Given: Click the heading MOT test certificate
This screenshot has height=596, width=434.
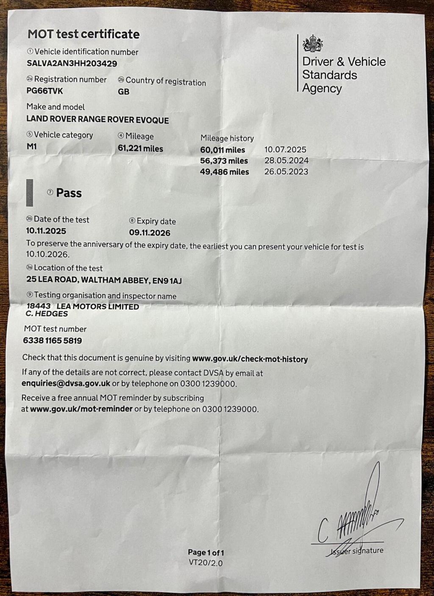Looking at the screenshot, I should point(83,34).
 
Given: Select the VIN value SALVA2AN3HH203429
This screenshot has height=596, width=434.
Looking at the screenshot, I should point(72,63).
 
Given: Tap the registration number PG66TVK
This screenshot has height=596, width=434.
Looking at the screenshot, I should point(45,91).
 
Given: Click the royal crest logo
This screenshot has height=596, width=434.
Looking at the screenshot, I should point(312,44).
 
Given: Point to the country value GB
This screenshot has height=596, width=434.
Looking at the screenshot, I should point(123,91).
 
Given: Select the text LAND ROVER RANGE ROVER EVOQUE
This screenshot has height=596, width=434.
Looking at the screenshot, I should point(97,120).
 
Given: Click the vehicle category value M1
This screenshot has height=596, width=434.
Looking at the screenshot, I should point(31,146).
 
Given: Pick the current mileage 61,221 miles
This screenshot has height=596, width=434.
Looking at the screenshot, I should point(140,149).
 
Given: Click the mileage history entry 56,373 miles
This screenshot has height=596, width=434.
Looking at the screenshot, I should point(224,161).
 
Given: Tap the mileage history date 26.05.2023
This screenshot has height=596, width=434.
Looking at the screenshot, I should point(286,172).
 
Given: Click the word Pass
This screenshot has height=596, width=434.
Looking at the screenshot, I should point(69,193).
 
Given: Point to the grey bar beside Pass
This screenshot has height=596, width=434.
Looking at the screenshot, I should point(29,193).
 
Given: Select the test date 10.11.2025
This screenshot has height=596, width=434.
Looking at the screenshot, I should point(46,231).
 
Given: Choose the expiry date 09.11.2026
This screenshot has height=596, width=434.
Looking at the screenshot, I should point(150,233).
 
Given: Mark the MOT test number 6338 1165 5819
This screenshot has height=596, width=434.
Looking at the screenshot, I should point(52,341).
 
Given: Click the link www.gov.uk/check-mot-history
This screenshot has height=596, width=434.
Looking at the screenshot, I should point(250,359).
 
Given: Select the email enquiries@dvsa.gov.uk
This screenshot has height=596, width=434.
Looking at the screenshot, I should point(66,384).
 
